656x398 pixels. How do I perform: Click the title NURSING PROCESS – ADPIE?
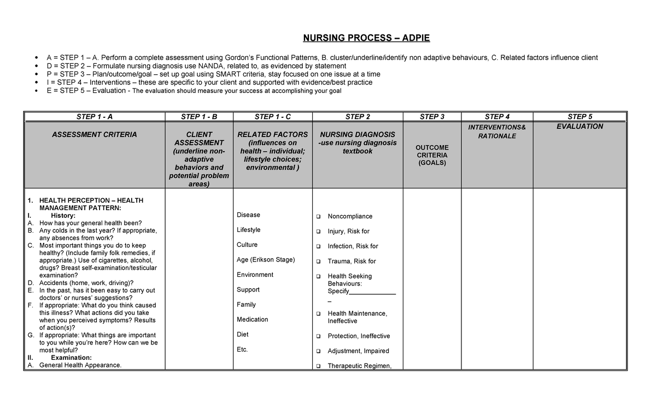pyautogui.click(x=367, y=38)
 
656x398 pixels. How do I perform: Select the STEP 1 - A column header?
pyautogui.click(x=94, y=116)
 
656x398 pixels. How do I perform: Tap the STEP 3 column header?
pyautogui.click(x=432, y=116)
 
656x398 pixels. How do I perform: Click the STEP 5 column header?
pyautogui.click(x=580, y=116)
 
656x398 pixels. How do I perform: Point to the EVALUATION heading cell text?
pyautogui.click(x=580, y=126)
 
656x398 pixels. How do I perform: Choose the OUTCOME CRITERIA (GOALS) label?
pyautogui.click(x=432, y=155)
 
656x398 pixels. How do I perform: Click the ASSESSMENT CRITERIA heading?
pyautogui.click(x=94, y=134)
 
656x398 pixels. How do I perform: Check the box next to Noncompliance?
pyautogui.click(x=318, y=217)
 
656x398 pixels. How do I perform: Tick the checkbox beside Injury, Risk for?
pyautogui.click(x=318, y=231)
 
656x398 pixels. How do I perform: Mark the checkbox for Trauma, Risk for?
pyautogui.click(x=318, y=262)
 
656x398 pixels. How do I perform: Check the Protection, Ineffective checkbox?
pyautogui.click(x=318, y=336)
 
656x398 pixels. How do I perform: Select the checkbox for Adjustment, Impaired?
pyautogui.click(x=318, y=351)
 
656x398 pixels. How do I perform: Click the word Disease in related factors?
pyautogui.click(x=248, y=215)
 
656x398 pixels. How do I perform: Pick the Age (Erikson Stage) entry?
pyautogui.click(x=266, y=260)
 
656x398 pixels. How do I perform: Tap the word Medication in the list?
pyautogui.click(x=252, y=319)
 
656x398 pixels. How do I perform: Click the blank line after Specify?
pyautogui.click(x=372, y=292)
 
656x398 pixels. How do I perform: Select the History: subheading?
pyautogui.click(x=67, y=216)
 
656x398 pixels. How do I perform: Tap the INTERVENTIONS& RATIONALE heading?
pyautogui.click(x=497, y=132)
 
